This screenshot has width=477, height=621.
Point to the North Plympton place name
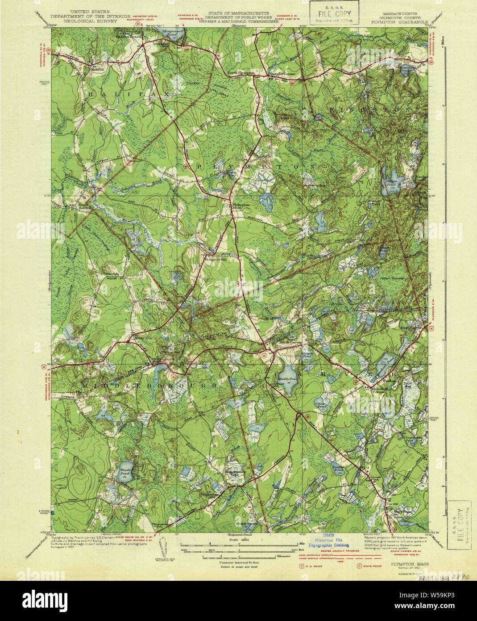tap(241, 72)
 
